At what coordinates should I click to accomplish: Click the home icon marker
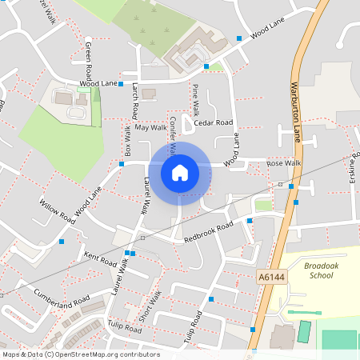[180, 172]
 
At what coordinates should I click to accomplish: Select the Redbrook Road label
[207, 233]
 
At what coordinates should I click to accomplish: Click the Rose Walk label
[283, 163]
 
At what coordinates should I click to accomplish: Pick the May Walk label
[150, 127]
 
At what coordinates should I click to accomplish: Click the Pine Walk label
[196, 97]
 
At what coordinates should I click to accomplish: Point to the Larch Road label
[135, 99]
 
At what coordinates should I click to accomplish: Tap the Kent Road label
[100, 259]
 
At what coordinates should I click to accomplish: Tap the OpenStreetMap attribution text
[81, 354]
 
